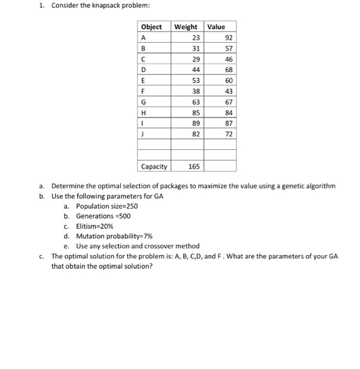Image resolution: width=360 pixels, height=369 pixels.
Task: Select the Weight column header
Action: tap(186, 27)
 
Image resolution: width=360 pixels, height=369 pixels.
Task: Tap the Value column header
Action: tap(216, 27)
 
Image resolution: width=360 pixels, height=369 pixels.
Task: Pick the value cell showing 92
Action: tap(228, 37)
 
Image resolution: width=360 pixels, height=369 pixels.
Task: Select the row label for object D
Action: tap(143, 70)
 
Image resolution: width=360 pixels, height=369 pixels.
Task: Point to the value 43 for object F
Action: tap(228, 91)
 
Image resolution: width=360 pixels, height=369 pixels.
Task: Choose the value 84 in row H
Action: tap(228, 113)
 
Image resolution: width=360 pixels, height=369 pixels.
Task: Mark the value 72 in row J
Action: tap(228, 134)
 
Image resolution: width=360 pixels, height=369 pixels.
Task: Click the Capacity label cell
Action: tap(154, 167)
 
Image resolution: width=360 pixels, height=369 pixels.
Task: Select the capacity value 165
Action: tap(194, 167)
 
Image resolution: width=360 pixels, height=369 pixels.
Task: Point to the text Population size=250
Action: tap(106, 206)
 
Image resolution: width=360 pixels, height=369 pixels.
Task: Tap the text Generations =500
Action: tap(103, 216)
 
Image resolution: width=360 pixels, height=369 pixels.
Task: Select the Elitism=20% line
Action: tap(95, 226)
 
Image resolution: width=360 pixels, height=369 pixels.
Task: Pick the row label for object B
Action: tap(143, 48)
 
